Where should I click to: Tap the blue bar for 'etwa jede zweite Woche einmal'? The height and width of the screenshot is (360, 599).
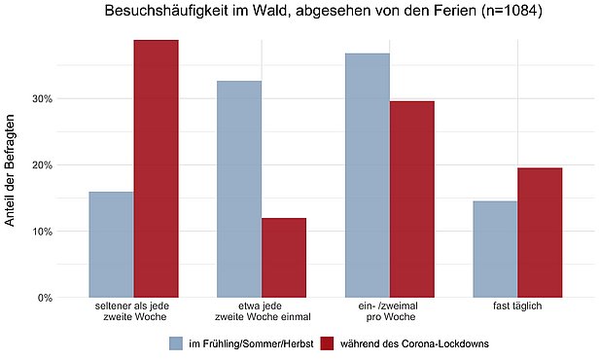coord(238,189)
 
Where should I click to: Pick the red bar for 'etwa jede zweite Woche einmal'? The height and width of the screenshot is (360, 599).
coord(284,258)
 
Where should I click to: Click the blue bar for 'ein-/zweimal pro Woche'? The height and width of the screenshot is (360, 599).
coord(367,175)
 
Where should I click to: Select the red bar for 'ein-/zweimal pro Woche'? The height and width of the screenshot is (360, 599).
coord(411,199)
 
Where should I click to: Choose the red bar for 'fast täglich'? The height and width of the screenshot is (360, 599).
coord(540,233)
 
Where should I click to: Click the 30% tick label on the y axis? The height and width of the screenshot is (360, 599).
coord(40,98)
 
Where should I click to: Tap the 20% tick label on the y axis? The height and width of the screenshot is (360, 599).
coord(40,164)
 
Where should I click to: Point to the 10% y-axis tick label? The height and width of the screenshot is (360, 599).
coord(40,231)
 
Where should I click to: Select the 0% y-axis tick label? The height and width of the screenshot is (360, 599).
coord(43,297)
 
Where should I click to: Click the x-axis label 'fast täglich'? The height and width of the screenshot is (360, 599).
coord(517,306)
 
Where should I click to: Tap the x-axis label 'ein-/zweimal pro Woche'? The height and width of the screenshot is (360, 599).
coord(389,311)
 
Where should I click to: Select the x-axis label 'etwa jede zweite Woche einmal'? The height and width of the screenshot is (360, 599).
coord(261,311)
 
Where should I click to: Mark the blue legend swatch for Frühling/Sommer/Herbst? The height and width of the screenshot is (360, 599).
coord(176,343)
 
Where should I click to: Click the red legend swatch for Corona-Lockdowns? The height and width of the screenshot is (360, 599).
coord(327,343)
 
